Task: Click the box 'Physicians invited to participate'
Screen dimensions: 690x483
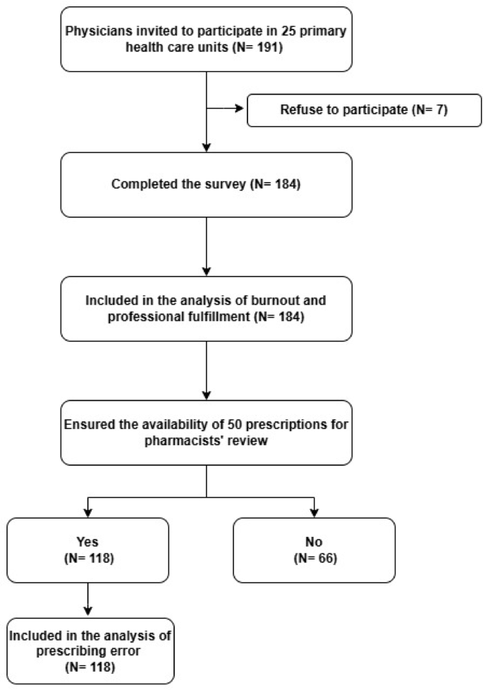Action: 206,40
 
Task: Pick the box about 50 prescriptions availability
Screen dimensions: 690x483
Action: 206,432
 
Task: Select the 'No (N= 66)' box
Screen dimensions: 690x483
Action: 314,550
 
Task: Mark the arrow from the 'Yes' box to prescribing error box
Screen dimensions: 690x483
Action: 87,600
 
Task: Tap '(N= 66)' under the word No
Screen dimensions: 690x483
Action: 314,557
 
